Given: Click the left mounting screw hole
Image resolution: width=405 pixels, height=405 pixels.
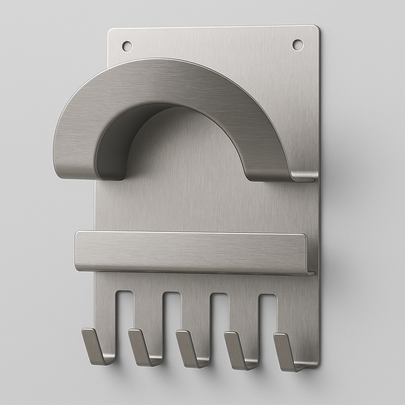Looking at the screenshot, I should point(127,46).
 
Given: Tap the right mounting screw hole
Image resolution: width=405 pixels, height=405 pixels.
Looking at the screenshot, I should point(297,45).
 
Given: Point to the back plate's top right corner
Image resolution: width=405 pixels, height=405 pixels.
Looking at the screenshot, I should point(318,27).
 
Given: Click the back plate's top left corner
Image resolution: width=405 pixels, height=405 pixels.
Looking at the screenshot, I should point(110,30).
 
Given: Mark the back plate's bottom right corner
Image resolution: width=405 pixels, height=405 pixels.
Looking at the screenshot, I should point(317,366).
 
